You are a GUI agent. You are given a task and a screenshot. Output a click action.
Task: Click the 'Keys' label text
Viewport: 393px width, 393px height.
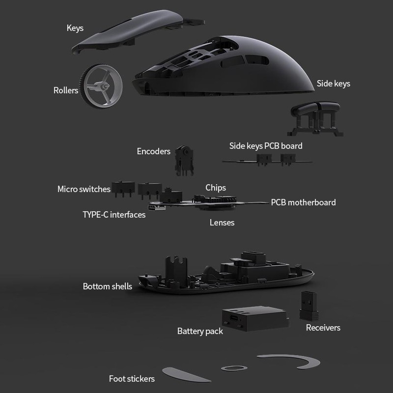tap(75, 28)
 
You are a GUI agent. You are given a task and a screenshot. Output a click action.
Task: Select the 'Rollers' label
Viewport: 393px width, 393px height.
tap(66, 90)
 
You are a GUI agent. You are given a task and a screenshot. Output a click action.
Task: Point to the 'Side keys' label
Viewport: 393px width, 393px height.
tap(334, 84)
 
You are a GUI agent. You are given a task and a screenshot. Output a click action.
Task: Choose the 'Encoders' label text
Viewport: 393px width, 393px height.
tap(154, 151)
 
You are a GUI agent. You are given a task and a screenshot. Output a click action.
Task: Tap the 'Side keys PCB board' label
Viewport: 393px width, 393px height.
tap(266, 146)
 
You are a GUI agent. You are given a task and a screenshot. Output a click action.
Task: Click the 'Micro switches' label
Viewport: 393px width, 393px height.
tap(84, 189)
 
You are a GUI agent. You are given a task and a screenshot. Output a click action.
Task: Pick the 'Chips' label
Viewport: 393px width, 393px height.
tap(216, 188)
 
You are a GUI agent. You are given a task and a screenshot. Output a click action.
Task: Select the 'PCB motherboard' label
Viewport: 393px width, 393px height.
tap(304, 202)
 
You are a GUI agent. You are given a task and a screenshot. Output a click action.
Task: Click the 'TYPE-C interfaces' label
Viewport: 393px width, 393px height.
tap(114, 215)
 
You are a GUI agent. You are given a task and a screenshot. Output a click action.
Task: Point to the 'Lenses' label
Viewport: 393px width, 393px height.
tap(222, 223)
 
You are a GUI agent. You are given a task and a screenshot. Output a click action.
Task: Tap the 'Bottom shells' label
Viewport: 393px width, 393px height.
tap(108, 286)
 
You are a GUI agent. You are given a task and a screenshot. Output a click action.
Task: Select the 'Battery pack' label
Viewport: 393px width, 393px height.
tap(200, 331)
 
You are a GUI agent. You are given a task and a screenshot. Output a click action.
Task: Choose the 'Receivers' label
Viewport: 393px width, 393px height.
tap(323, 328)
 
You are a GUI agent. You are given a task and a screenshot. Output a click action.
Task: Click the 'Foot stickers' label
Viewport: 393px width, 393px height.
tap(132, 379)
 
